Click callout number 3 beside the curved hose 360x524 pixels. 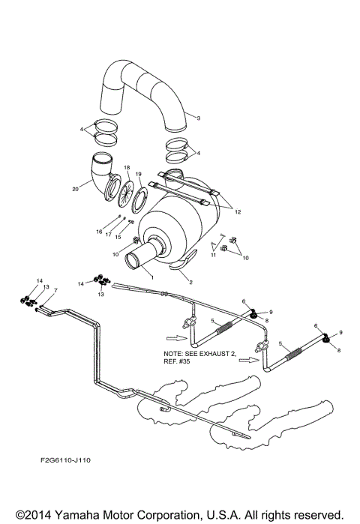(197, 118)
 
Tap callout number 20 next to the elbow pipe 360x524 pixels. (75, 190)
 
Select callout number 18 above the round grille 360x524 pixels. (127, 167)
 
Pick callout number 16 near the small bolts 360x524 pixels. (99, 232)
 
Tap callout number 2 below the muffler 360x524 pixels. (190, 282)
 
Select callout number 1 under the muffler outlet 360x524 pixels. (153, 276)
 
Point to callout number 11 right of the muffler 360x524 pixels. (212, 256)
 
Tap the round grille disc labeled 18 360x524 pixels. (119, 192)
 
